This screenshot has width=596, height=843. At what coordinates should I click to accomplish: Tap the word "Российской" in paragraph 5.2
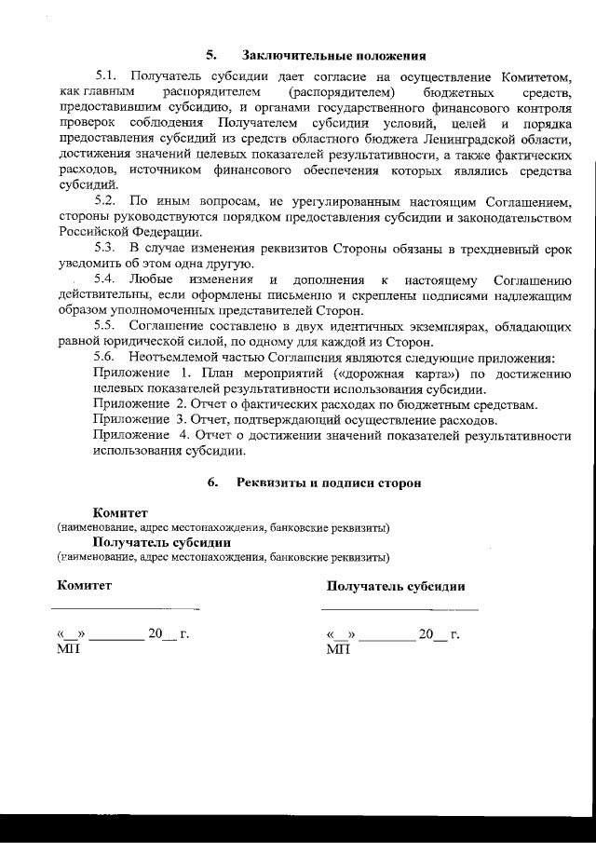98,232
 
